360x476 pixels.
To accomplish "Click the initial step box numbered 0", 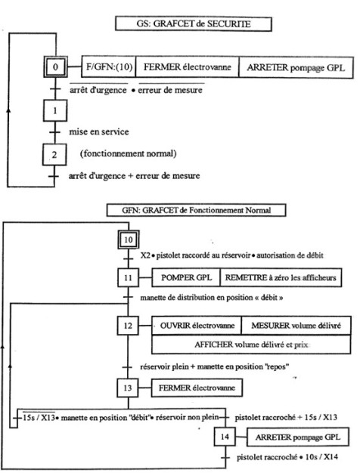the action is click(x=55, y=66).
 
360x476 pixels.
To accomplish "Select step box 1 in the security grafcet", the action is click(x=55, y=111).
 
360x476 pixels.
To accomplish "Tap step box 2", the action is click(x=54, y=155).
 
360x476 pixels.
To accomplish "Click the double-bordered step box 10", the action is click(x=129, y=240).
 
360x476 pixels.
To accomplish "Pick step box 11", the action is click(x=128, y=277).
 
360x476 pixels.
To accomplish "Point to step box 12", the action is click(x=128, y=326).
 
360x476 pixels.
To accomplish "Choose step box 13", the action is click(x=128, y=388).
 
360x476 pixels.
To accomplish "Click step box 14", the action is click(x=225, y=437).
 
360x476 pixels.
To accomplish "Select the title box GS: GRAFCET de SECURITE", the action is click(x=194, y=23).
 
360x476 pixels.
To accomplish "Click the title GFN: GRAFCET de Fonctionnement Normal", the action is click(x=196, y=210).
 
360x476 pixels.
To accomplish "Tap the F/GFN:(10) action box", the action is click(x=109, y=66).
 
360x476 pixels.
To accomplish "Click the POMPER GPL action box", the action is click(x=186, y=277).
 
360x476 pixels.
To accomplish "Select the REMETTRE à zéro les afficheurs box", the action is click(x=281, y=277).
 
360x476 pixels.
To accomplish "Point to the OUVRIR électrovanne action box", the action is click(x=197, y=326).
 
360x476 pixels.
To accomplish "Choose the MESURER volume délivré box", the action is click(x=296, y=326).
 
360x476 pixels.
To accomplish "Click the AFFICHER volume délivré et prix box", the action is click(x=251, y=345).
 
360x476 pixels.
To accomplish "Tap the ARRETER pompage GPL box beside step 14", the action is click(x=298, y=437).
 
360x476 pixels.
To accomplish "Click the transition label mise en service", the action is click(x=99, y=131).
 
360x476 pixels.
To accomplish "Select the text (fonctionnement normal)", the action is click(x=129, y=153).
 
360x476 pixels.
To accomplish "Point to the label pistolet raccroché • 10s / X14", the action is click(x=287, y=457).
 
